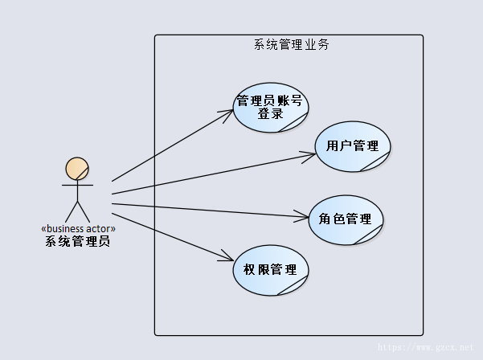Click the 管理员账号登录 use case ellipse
coord(270,106)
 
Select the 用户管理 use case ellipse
coord(353,146)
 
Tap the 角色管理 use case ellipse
coord(346,219)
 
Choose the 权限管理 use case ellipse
coord(270,269)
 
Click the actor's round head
coord(77,169)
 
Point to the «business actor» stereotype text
coord(77,228)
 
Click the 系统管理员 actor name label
coord(77,240)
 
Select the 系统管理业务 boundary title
coord(291,45)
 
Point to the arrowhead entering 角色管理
coord(303,216)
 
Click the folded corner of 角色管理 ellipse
coord(372,235)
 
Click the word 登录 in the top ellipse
coord(270,113)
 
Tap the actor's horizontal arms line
coord(77,185)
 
